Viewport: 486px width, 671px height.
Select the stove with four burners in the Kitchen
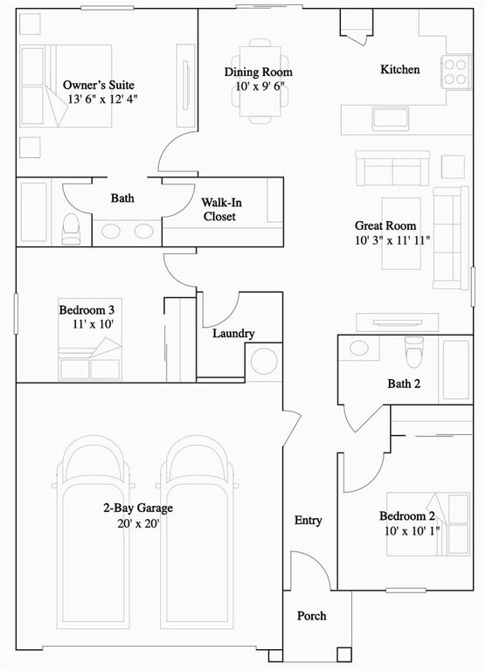pyautogui.click(x=455, y=71)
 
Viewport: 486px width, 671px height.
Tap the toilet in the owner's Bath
pyautogui.click(x=72, y=227)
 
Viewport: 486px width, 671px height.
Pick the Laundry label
pyautogui.click(x=233, y=333)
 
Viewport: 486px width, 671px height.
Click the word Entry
pyautogui.click(x=308, y=520)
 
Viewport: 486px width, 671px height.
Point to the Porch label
pyautogui.click(x=312, y=616)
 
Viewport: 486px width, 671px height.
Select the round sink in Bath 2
pyautogui.click(x=359, y=349)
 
